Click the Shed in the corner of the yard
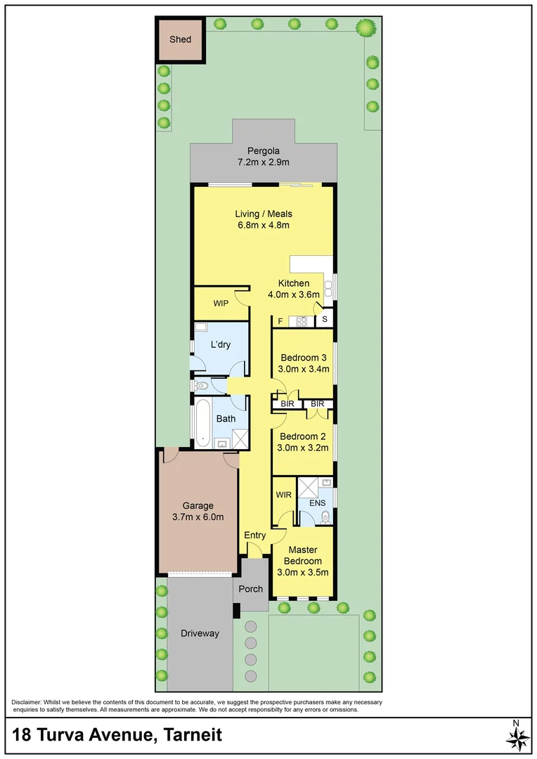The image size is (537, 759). click(x=179, y=40)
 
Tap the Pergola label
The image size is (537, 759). click(x=263, y=150)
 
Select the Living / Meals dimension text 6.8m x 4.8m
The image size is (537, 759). click(x=263, y=226)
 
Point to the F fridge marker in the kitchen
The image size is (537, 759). click(x=280, y=322)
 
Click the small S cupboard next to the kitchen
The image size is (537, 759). click(x=325, y=320)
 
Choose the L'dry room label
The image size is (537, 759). click(x=221, y=344)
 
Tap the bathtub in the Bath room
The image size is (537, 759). click(x=203, y=422)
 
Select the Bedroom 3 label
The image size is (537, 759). click(x=304, y=357)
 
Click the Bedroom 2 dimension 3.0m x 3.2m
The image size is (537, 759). click(x=304, y=447)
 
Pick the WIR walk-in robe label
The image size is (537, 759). click(x=284, y=495)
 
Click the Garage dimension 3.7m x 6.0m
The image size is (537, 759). click(x=198, y=517)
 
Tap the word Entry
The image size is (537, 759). click(x=254, y=536)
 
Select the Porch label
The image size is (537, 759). click(x=251, y=589)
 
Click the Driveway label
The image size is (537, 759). click(x=200, y=633)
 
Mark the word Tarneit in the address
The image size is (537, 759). click(x=192, y=735)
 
